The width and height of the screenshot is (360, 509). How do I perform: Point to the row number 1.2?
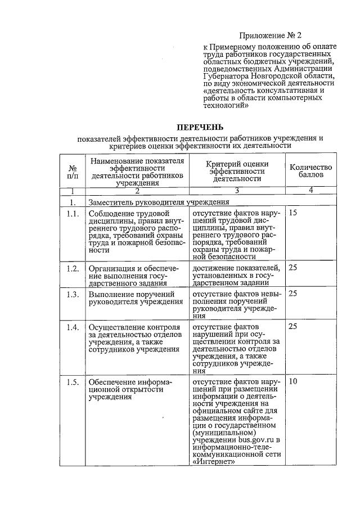click(x=72, y=268)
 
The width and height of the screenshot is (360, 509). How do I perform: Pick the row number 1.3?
click(x=72, y=294)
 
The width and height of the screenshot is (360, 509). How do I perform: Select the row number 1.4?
click(x=72, y=327)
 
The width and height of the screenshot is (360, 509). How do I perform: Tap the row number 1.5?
click(x=72, y=382)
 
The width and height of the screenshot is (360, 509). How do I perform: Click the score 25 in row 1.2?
click(x=293, y=268)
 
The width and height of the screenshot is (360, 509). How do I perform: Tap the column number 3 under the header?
click(x=237, y=191)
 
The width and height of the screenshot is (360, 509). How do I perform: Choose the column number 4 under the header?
click(x=310, y=190)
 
